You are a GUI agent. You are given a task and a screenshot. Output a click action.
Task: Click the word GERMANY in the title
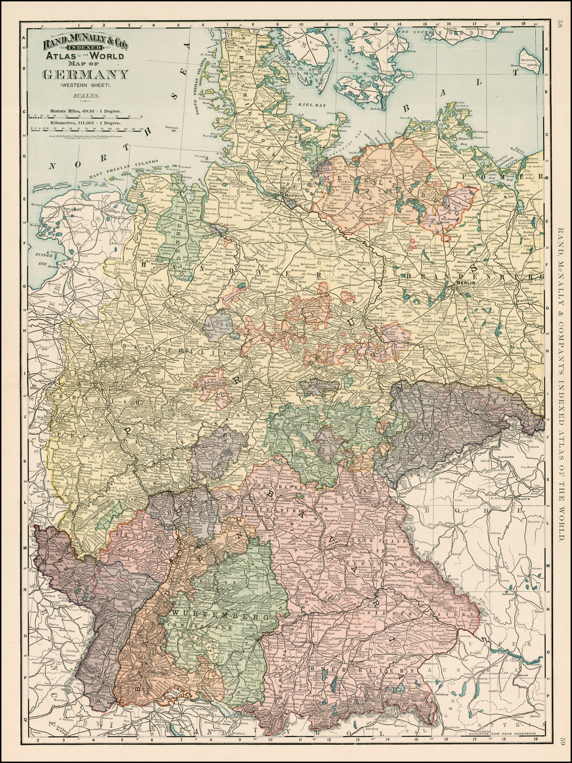pyautogui.click(x=78, y=75)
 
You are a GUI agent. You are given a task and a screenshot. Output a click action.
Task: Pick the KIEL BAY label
pyautogui.click(x=308, y=104)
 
